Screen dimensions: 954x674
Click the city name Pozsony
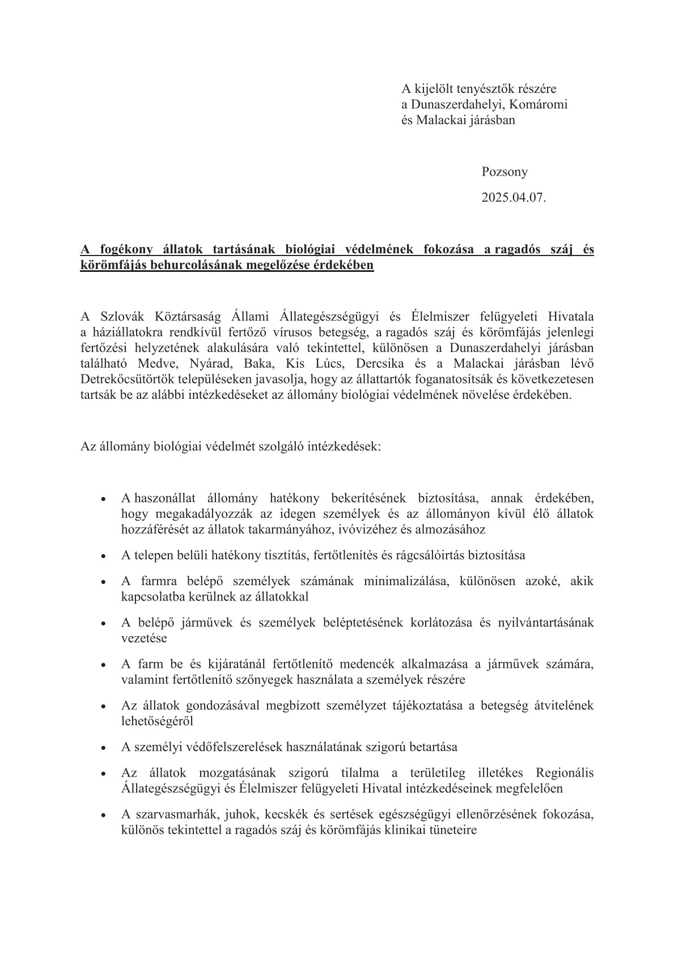click(505, 172)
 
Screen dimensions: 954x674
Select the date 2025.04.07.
click(514, 198)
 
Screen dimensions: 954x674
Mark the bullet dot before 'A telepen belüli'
click(103, 556)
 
